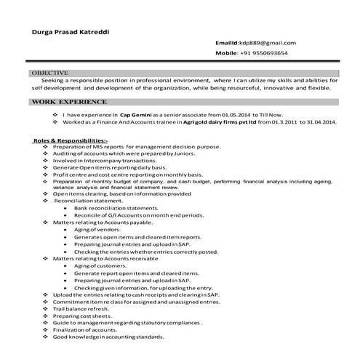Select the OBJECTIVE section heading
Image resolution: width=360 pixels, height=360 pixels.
pyautogui.click(x=50, y=73)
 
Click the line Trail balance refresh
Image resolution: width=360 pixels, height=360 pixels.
pyautogui.click(x=82, y=308)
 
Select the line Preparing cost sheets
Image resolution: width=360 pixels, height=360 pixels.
pyautogui.click(x=82, y=316)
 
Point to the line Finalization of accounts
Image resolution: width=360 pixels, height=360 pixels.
pyautogui.click(x=86, y=329)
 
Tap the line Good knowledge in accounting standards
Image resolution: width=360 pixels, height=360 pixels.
pyautogui.click(x=109, y=337)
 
